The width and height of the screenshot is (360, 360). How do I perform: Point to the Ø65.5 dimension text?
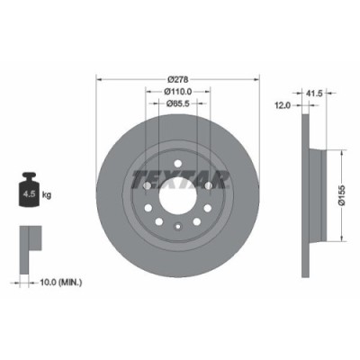coord(177,103)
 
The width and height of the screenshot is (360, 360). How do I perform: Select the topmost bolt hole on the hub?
coord(177,159)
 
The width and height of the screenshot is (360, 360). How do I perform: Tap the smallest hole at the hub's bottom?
coord(177,228)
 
